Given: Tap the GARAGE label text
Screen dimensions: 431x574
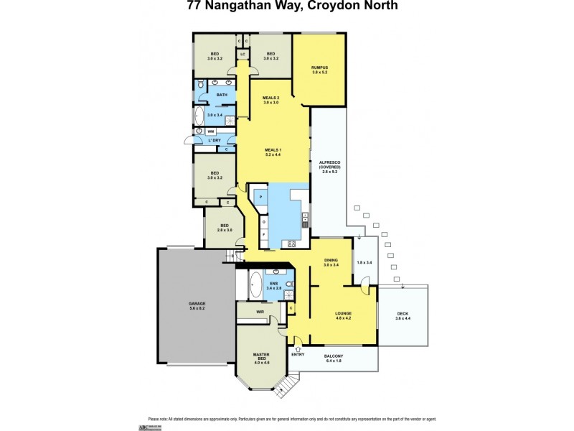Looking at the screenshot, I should tap(197, 303).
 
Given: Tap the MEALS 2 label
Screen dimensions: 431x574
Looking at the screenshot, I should tap(270, 98).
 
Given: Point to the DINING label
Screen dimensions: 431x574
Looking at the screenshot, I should tap(330, 261).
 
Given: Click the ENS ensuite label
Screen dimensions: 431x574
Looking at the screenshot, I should tap(273, 284).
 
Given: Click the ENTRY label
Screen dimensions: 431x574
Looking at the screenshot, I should tap(297, 355).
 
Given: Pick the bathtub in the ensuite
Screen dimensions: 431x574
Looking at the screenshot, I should tap(255, 285).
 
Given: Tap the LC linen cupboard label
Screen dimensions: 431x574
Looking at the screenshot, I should tap(243, 55).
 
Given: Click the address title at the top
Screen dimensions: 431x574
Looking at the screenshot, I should tap(286, 6).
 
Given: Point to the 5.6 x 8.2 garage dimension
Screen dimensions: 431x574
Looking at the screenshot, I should tap(197, 308).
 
